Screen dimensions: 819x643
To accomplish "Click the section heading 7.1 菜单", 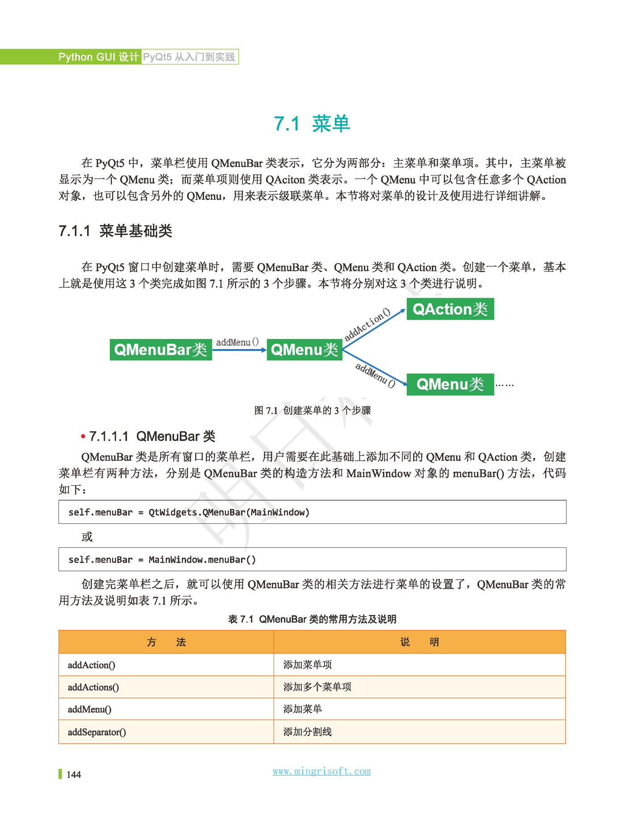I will tap(312, 124).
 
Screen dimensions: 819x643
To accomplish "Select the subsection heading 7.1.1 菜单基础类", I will tap(115, 231).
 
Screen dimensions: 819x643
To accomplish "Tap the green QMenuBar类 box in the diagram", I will tap(161, 349).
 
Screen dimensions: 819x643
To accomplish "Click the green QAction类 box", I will tap(450, 309).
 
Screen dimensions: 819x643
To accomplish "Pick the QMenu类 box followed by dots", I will tap(450, 384).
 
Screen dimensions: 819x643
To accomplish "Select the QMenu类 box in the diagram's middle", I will tap(304, 349).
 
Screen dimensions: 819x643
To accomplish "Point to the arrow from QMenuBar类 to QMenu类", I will tap(239, 350).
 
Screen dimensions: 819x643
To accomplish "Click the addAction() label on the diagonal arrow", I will tap(367, 324).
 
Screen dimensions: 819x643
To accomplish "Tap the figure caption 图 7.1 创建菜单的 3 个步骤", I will tap(312, 410).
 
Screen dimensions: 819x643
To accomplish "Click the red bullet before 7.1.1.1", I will tap(83, 436).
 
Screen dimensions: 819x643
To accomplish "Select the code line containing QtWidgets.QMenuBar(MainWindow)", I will tap(189, 512).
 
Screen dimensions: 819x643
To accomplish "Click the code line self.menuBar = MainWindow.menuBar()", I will tap(162, 559).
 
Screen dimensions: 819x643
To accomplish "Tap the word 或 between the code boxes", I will tap(87, 536).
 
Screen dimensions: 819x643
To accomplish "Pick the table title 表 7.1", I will tap(312, 619).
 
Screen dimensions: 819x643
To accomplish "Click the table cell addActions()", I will tap(93, 687).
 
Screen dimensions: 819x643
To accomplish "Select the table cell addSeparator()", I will tap(97, 732).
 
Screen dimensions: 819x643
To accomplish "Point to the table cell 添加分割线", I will tap(307, 732).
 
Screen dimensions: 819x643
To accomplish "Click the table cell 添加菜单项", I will tap(307, 665).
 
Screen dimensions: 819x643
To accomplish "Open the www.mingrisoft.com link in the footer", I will tap(321, 771).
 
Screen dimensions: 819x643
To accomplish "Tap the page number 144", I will tap(74, 774).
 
